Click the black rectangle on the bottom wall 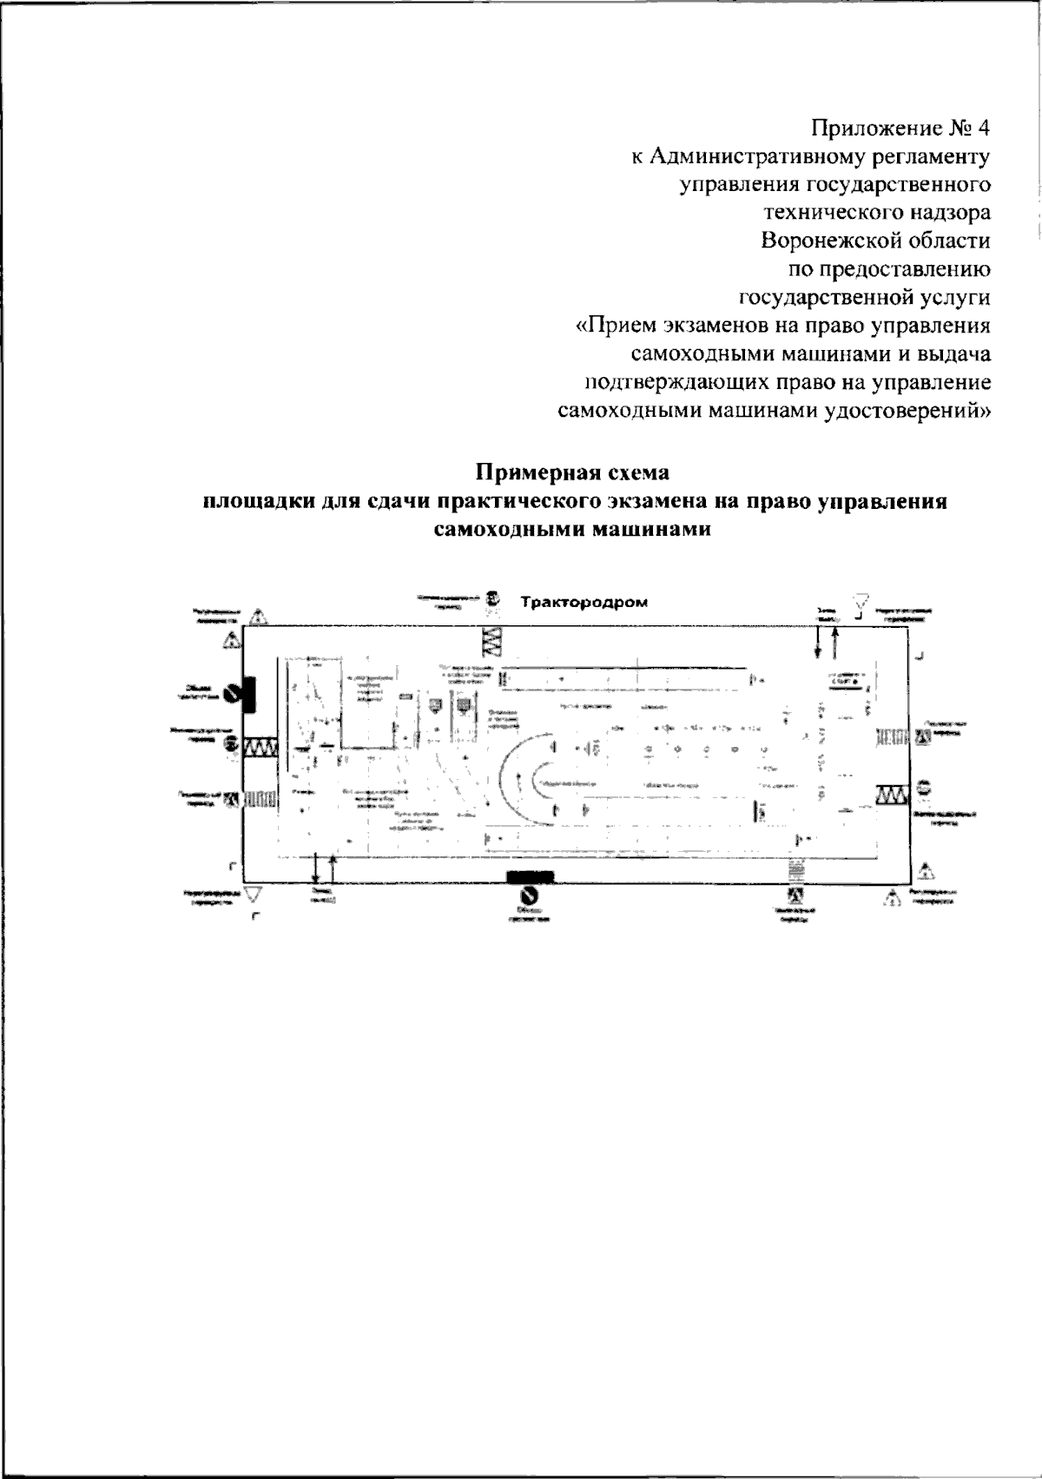pyautogui.click(x=530, y=875)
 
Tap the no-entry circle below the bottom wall pyautogui.click(x=527, y=895)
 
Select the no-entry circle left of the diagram pyautogui.click(x=231, y=693)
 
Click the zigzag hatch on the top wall pyautogui.click(x=491, y=641)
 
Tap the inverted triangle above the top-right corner pyautogui.click(x=861, y=600)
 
